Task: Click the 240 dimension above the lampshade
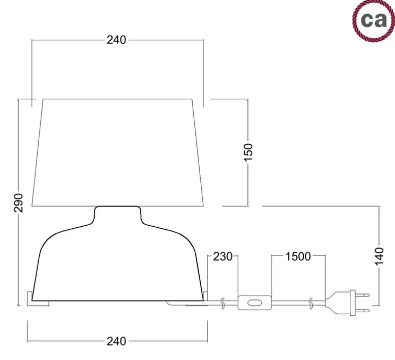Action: coord(116,40)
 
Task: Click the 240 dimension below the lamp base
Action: coord(116,341)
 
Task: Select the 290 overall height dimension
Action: coord(19,202)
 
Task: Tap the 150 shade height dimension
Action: coord(248,152)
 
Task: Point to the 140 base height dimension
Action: coord(379,256)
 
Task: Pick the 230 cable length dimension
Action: coord(222,256)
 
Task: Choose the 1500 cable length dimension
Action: coord(298,256)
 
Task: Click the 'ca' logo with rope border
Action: coord(374,21)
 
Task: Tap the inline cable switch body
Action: coord(255,303)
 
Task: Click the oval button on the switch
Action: coord(255,303)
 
